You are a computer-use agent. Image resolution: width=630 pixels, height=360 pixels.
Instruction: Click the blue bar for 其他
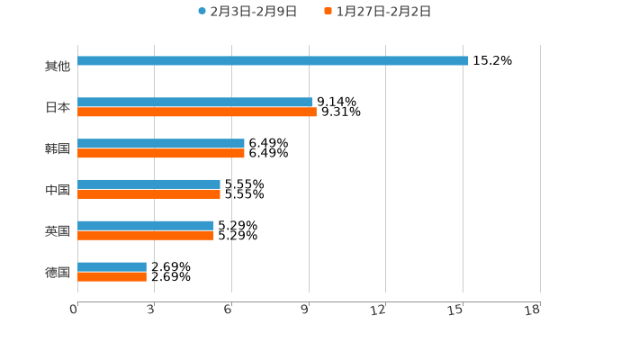[x=273, y=61]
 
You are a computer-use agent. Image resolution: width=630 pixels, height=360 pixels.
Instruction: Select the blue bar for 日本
[x=194, y=103]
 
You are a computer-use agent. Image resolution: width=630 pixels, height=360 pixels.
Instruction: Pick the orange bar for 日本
[x=197, y=112]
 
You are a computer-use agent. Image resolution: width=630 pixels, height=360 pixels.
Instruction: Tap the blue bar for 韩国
[x=161, y=144]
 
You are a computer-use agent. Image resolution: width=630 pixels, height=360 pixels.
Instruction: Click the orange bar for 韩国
[x=161, y=154]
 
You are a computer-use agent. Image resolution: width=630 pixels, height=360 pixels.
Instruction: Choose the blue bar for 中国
[x=148, y=184]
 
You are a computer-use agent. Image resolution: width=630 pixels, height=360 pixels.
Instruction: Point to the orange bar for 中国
[x=148, y=194]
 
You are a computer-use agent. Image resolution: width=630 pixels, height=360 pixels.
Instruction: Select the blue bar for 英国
[x=146, y=226]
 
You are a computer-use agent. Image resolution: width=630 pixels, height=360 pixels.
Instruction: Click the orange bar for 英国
[x=146, y=236]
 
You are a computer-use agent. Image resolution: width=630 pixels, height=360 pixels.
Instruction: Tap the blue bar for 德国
[x=112, y=267]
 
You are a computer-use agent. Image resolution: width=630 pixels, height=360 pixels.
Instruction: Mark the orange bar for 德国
[x=112, y=277]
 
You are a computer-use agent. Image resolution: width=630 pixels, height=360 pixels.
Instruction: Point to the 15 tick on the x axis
[x=456, y=310]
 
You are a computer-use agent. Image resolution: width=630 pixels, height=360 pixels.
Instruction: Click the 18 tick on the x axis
[x=533, y=310]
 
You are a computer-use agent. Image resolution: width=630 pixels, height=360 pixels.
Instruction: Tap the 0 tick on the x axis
[x=74, y=310]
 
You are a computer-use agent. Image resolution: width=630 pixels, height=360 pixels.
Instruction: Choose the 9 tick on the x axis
[x=305, y=310]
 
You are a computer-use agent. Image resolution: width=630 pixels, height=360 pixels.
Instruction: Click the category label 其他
[x=58, y=67]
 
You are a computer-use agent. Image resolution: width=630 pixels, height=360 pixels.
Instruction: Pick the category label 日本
[x=58, y=108]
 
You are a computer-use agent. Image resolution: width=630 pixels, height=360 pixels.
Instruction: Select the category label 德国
[x=58, y=272]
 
